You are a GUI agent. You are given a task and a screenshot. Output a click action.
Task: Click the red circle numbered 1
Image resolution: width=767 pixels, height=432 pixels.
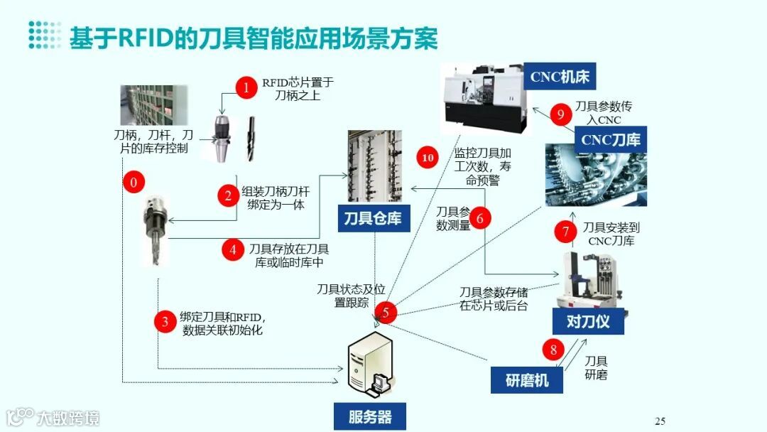pyautogui.click(x=246, y=88)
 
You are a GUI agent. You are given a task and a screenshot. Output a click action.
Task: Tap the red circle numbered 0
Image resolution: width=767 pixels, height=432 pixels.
pyautogui.click(x=133, y=183)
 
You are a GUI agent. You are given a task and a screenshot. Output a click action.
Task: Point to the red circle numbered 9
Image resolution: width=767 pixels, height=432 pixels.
pyautogui.click(x=561, y=114)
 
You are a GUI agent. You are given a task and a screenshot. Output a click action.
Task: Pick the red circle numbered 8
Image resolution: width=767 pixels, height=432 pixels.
pyautogui.click(x=555, y=350)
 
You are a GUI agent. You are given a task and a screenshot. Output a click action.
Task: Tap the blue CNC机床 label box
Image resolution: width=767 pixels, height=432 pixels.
pyautogui.click(x=560, y=77)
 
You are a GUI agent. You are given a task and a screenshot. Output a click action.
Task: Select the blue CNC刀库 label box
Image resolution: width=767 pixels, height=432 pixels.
pyautogui.click(x=610, y=139)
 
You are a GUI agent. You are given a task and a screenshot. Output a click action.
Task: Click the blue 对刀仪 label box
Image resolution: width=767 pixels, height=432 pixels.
pyautogui.click(x=589, y=321)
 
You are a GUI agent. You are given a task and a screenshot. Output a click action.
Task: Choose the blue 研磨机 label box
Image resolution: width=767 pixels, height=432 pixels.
pyautogui.click(x=526, y=380)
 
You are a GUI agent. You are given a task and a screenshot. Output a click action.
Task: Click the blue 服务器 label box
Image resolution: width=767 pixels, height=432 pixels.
pyautogui.click(x=370, y=416)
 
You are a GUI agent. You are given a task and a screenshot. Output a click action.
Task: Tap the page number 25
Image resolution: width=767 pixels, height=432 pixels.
pyautogui.click(x=660, y=421)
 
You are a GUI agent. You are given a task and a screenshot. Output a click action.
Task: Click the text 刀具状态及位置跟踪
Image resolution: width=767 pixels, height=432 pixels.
pyautogui.click(x=352, y=296)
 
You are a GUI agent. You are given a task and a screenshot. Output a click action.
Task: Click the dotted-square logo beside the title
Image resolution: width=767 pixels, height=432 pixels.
pyautogui.click(x=45, y=36)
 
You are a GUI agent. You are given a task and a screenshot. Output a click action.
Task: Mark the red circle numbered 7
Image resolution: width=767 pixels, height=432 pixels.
pyautogui.click(x=565, y=231)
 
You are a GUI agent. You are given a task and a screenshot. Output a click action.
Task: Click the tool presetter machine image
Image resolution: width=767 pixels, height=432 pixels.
pyautogui.click(x=589, y=278)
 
